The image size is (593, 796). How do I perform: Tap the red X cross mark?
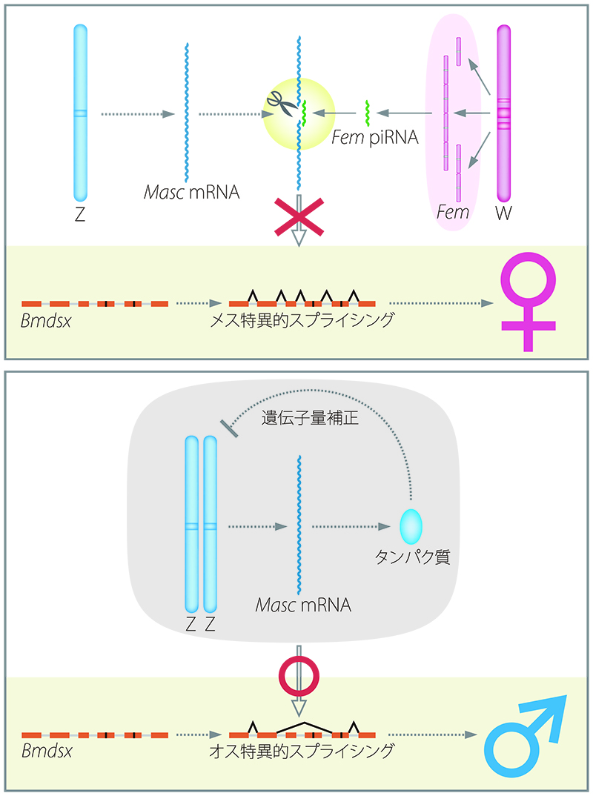(299, 217)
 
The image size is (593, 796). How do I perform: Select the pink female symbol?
(528, 302)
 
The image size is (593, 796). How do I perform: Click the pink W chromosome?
(503, 113)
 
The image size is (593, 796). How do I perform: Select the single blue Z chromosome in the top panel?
(80, 113)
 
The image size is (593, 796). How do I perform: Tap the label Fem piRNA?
(374, 137)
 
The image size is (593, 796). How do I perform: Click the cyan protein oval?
(411, 527)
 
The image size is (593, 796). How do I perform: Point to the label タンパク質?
(412, 557)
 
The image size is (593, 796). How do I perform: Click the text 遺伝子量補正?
(310, 418)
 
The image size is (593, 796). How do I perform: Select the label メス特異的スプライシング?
(302, 320)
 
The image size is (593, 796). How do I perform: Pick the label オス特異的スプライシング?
(302, 751)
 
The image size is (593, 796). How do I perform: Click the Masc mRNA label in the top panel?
(192, 192)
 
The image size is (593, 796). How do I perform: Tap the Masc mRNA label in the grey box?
(303, 605)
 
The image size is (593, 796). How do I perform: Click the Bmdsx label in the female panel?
(46, 321)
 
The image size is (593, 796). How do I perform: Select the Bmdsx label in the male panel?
(47, 751)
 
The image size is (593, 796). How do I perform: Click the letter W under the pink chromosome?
(503, 213)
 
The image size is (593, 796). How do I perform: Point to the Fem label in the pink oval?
(453, 212)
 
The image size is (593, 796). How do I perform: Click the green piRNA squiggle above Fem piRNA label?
(368, 113)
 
